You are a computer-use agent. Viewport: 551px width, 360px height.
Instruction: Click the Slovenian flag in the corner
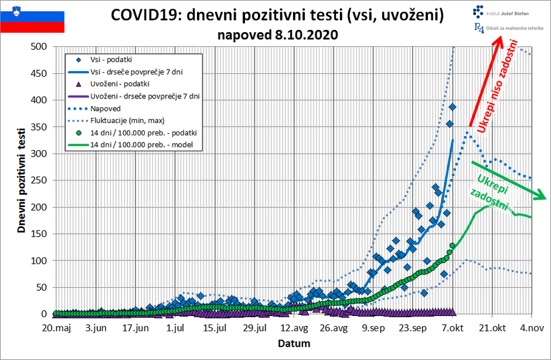32,18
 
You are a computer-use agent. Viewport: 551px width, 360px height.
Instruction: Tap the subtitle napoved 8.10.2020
277,34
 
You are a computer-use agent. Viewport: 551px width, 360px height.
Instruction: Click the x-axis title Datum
294,343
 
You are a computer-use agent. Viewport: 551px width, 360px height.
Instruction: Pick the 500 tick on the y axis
39,46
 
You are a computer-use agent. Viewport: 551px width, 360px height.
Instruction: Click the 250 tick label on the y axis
39,180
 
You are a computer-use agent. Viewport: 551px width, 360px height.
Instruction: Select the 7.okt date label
453,328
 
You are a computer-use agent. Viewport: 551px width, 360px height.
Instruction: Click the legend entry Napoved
106,108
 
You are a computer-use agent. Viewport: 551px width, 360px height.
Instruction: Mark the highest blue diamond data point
453,107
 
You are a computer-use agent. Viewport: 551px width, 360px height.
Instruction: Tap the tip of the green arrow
546,198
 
